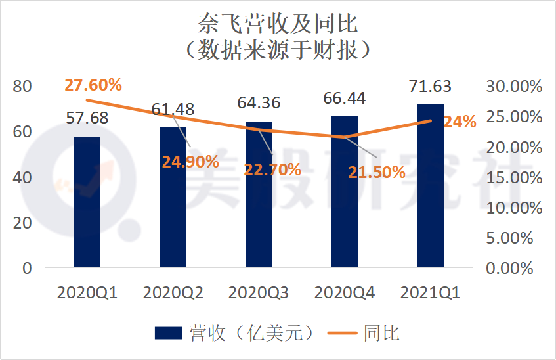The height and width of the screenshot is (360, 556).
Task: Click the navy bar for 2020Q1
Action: pos(87,202)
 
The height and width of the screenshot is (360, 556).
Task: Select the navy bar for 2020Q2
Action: pos(173,197)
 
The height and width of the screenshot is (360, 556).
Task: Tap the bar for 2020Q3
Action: pos(259,194)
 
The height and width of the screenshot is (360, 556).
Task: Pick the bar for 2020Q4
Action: pos(344,192)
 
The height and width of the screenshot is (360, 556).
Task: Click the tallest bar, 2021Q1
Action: pos(430,186)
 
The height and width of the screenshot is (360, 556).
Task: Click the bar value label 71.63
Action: pos(430,86)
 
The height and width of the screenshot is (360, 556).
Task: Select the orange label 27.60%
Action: pos(93,85)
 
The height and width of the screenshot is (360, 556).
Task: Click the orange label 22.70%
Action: pos(272,169)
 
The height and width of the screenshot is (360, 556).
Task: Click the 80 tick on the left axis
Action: pos(22,86)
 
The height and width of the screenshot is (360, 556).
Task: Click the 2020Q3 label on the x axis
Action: pos(259,294)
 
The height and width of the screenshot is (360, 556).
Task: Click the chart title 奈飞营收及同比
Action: pos(278,24)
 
